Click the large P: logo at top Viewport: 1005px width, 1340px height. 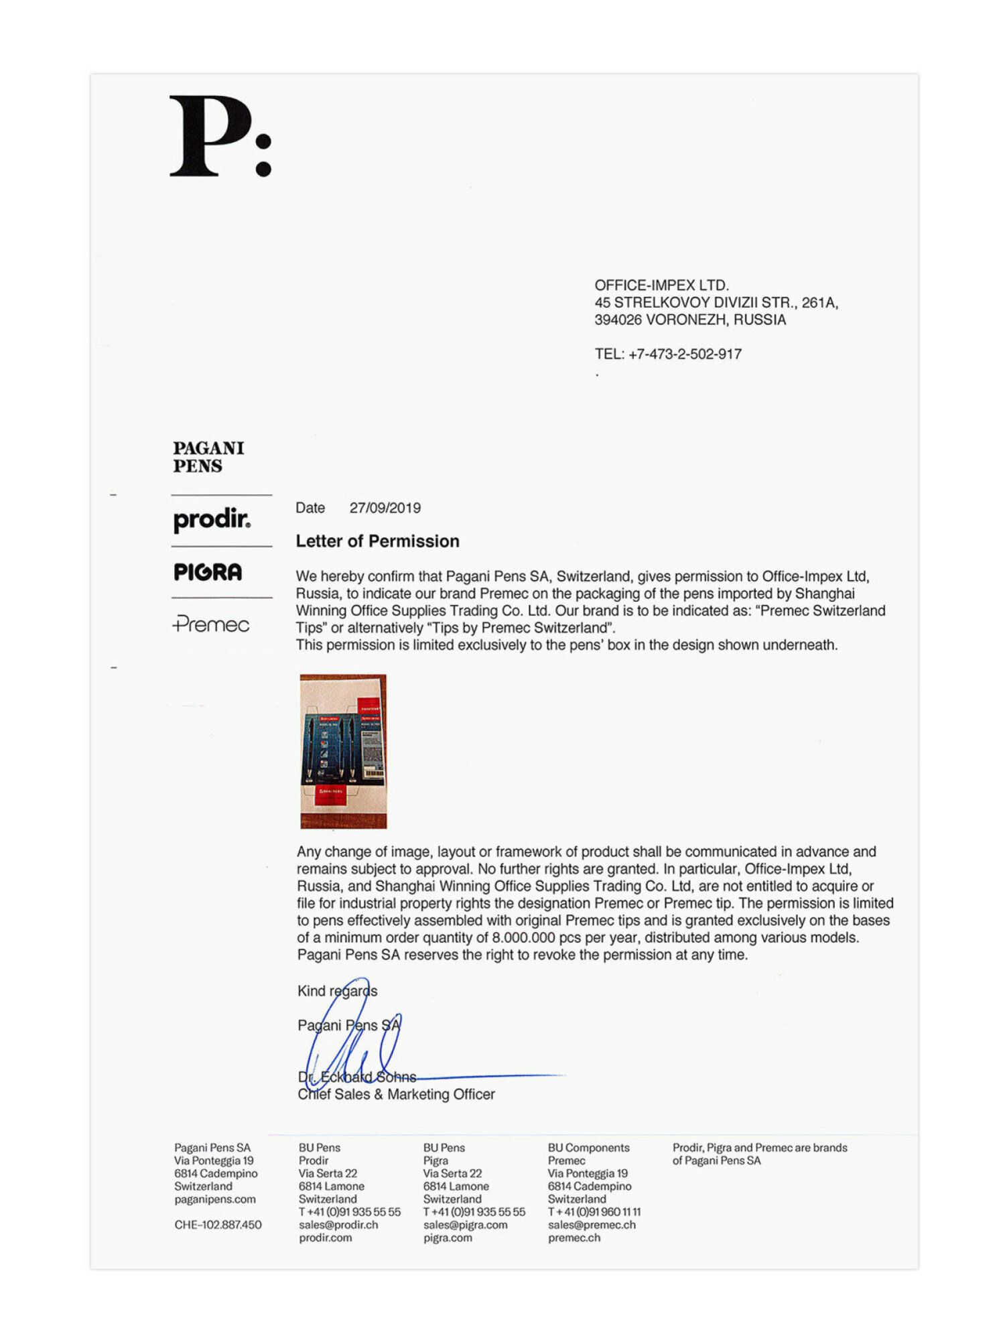220,136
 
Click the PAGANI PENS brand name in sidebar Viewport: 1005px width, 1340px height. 208,457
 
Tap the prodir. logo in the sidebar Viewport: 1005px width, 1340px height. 212,520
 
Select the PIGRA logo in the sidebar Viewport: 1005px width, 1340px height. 208,572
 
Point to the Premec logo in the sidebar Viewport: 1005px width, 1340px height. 211,624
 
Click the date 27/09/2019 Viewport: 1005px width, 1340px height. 385,508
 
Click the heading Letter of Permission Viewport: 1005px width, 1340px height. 377,541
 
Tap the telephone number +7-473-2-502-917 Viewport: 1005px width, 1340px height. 685,354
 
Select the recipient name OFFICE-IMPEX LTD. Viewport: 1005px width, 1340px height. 661,285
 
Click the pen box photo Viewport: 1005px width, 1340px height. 343,751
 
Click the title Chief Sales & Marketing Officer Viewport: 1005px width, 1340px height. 396,1094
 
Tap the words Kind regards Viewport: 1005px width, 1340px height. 337,991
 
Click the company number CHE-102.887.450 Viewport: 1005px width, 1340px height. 218,1225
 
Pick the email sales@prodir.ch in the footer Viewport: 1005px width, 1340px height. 338,1225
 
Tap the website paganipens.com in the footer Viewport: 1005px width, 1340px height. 215,1199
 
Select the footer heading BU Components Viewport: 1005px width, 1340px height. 588,1148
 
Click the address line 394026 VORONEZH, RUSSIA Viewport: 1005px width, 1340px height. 690,320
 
